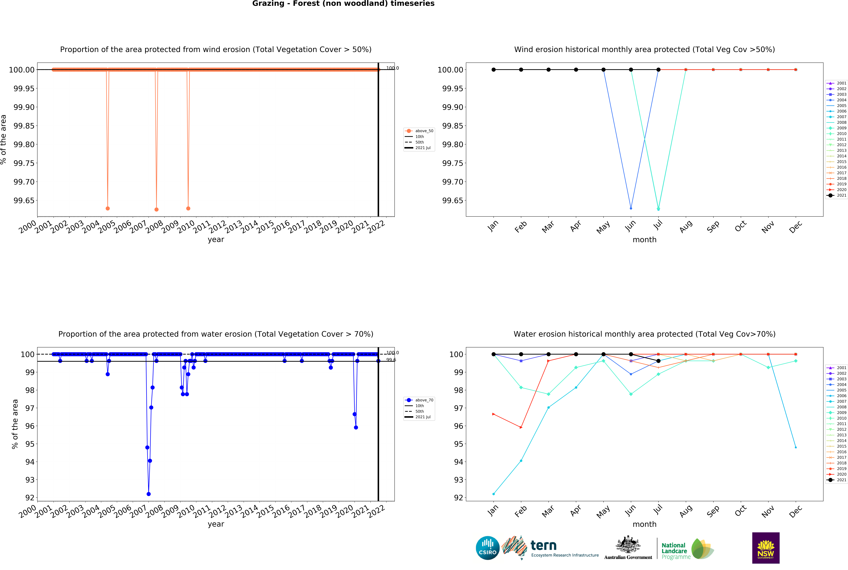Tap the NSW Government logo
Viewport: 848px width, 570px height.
tap(765, 548)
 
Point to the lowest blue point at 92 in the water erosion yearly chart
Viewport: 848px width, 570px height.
tap(149, 494)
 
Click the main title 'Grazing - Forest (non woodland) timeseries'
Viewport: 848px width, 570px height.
tap(343, 4)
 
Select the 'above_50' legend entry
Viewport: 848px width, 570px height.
tap(424, 131)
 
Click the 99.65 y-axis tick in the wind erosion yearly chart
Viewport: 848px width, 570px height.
tap(24, 201)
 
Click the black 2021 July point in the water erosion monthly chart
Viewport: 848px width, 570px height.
tap(658, 361)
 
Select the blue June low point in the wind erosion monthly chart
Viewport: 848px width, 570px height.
tap(631, 208)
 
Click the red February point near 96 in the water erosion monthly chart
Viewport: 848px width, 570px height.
tap(521, 428)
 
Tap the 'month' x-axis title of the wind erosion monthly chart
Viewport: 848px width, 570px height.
tap(644, 240)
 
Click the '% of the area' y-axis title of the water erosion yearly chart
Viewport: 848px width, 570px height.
tap(15, 424)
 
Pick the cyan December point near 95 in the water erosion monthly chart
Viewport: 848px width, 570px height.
tap(796, 448)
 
